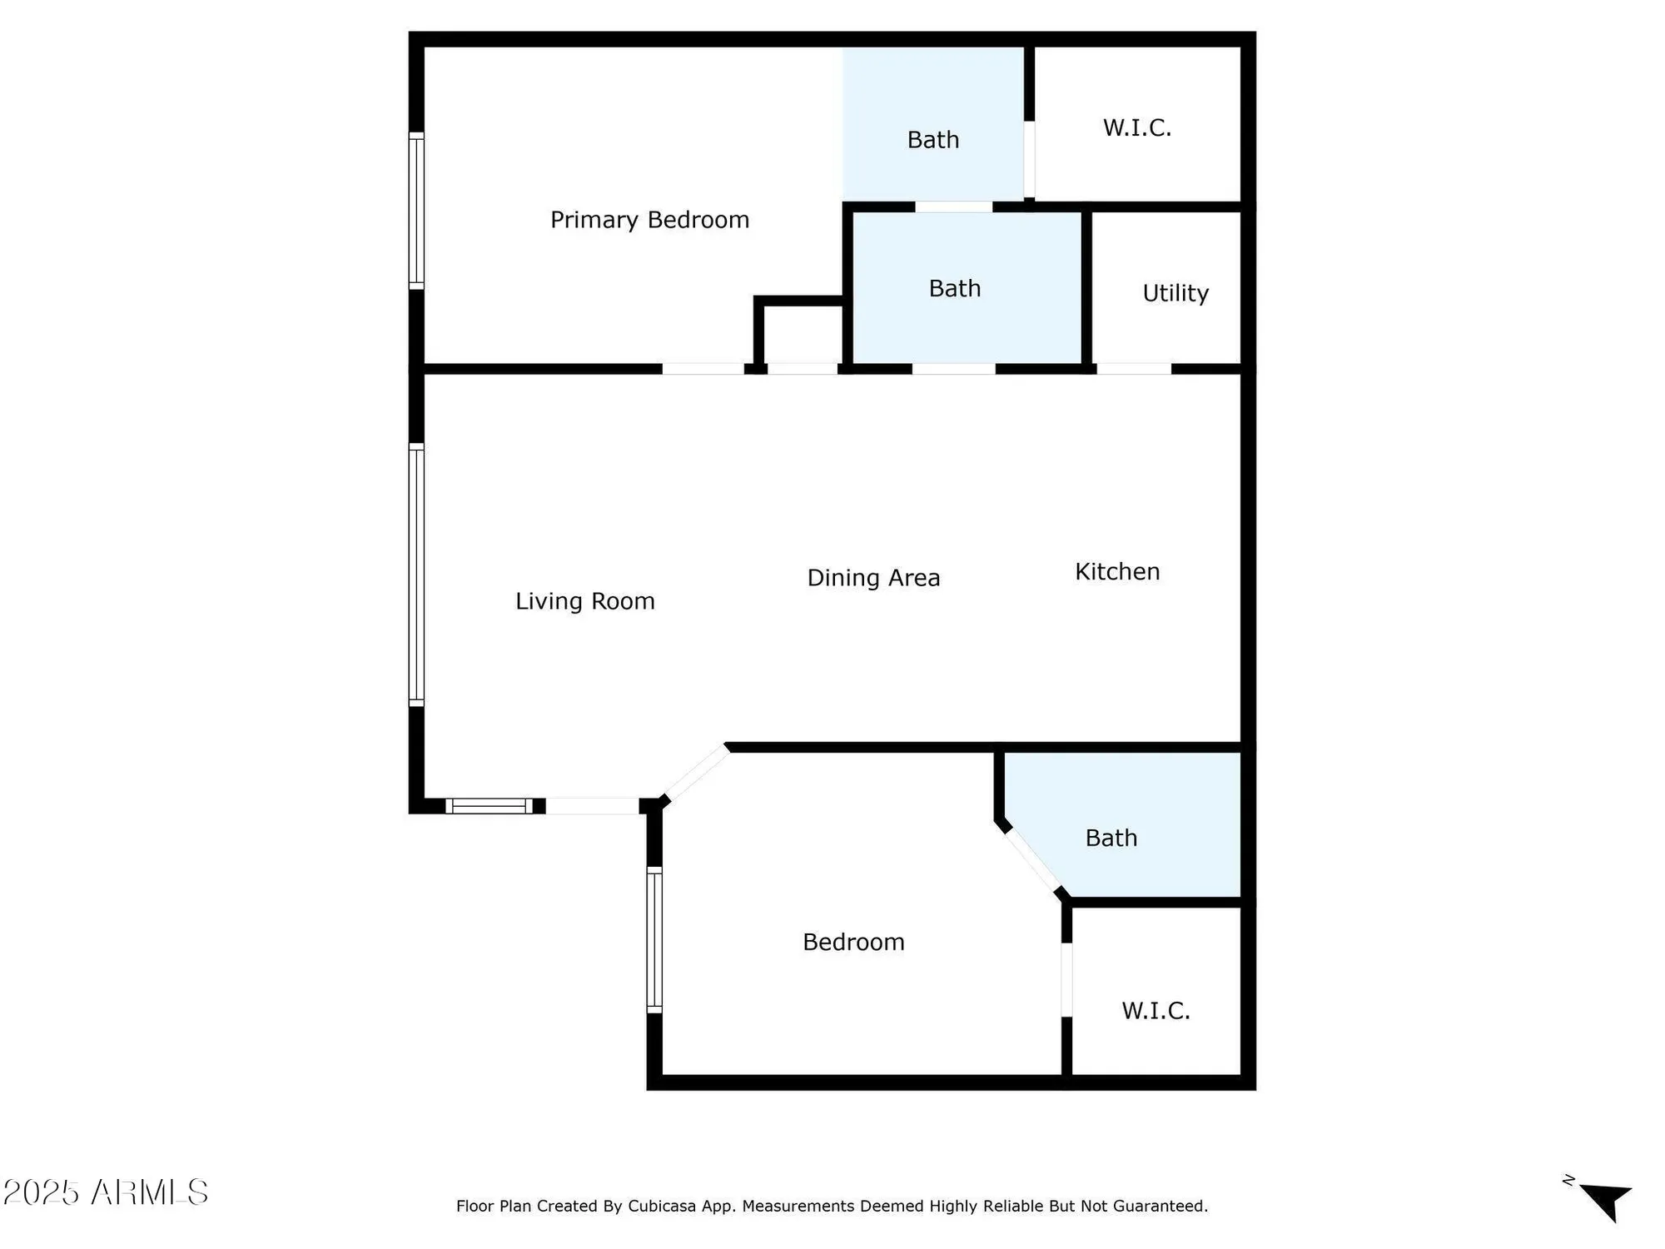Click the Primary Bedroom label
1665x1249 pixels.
coord(649,220)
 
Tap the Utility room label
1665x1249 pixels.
coord(1175,293)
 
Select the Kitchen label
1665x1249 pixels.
coord(1116,572)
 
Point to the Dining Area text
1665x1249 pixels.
coord(873,578)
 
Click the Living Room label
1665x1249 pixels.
coord(584,601)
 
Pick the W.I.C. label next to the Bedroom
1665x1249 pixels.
coord(1156,1011)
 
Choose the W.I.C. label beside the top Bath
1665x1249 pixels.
coord(1137,128)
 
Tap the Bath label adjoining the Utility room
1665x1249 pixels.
coord(954,289)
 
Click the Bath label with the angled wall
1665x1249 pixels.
coord(1111,838)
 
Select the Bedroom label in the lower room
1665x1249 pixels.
coord(853,943)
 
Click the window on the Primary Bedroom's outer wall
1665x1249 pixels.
coord(416,211)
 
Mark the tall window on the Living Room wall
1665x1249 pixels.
coord(416,575)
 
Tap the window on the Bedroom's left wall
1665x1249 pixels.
coord(654,940)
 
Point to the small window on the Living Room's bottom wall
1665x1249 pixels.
coord(489,806)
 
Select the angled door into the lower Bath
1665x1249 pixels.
coord(1031,860)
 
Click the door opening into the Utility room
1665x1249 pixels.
coord(1134,369)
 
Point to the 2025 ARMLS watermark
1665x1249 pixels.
coord(106,1192)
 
